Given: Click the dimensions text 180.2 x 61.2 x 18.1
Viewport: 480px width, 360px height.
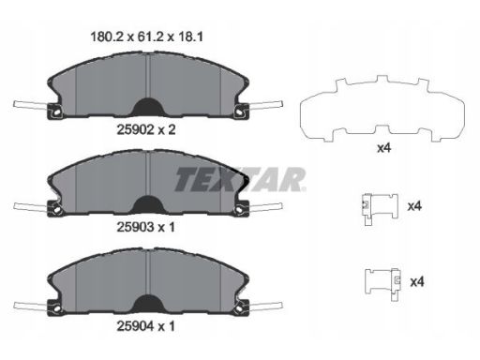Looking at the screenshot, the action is tap(146, 37).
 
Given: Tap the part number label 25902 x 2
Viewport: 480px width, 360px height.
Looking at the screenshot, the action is tap(146, 129).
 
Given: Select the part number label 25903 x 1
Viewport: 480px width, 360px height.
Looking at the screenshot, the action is tap(146, 227).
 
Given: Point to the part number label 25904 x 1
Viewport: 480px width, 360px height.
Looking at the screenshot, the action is tap(146, 326).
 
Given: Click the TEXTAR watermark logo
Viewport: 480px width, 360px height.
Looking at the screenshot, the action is tap(240, 179).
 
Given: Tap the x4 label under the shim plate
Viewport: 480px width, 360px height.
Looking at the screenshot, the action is tap(383, 148).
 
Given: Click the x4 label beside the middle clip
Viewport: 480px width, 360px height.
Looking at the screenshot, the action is tap(414, 206).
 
